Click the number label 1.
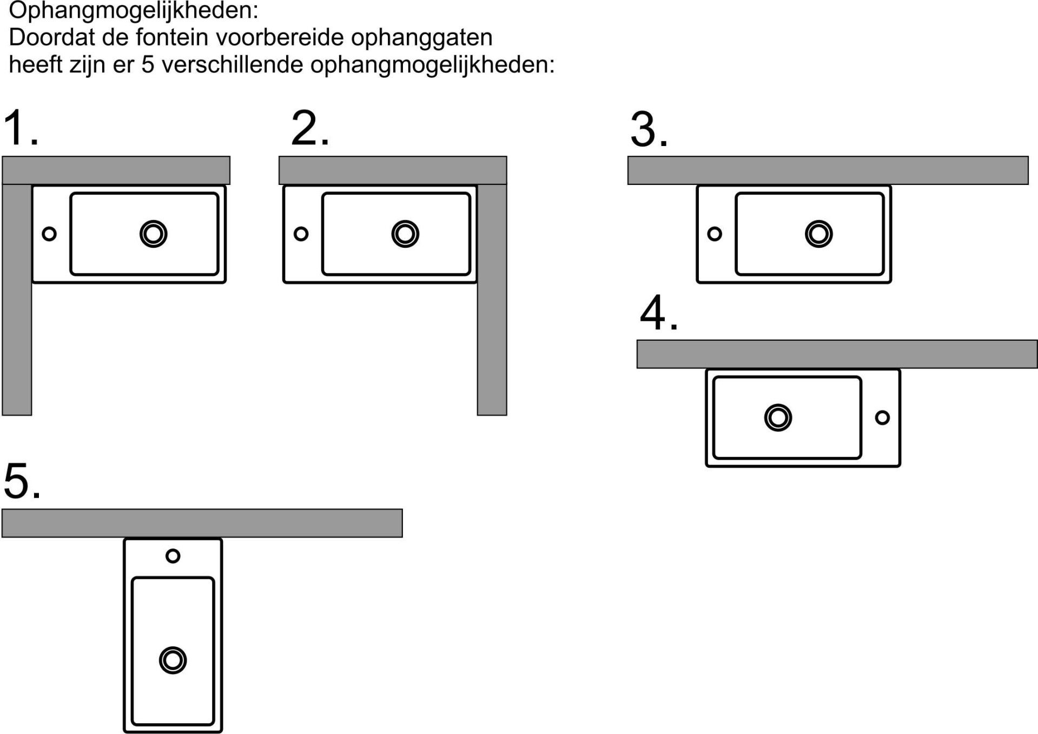(x=21, y=128)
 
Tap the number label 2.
(x=310, y=128)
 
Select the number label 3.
(x=649, y=130)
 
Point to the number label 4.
(x=659, y=313)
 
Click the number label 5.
(x=22, y=480)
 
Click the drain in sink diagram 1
(x=154, y=234)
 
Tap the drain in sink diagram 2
(x=405, y=234)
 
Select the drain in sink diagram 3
(x=819, y=234)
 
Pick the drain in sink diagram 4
(x=778, y=418)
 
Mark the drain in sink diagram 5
(x=173, y=660)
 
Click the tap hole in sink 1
(x=49, y=234)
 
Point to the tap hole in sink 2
(x=301, y=234)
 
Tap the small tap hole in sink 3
(x=715, y=234)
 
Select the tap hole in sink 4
(x=882, y=418)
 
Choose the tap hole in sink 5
(x=173, y=556)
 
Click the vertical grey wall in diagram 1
(x=17, y=300)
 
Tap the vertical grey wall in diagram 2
(x=492, y=300)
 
